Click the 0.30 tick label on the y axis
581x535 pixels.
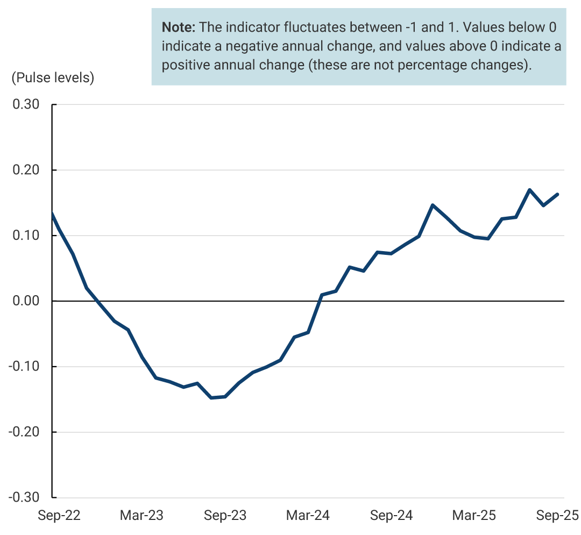tap(25, 104)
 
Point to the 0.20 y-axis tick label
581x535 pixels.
tap(25, 170)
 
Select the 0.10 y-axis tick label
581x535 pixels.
tap(25, 236)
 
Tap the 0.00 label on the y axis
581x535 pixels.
tap(25, 301)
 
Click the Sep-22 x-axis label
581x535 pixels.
tap(59, 516)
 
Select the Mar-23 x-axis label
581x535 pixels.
tap(141, 516)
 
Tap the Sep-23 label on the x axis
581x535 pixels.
tap(225, 516)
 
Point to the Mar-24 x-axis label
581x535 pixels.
tap(307, 516)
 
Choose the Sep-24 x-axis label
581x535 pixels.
tap(392, 516)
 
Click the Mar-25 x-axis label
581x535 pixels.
tap(473, 516)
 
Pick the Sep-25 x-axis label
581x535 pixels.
tap(557, 516)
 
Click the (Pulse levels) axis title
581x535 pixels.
tap(53, 77)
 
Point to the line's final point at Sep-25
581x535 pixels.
tap(558, 194)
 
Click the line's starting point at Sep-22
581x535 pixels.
tap(52, 213)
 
